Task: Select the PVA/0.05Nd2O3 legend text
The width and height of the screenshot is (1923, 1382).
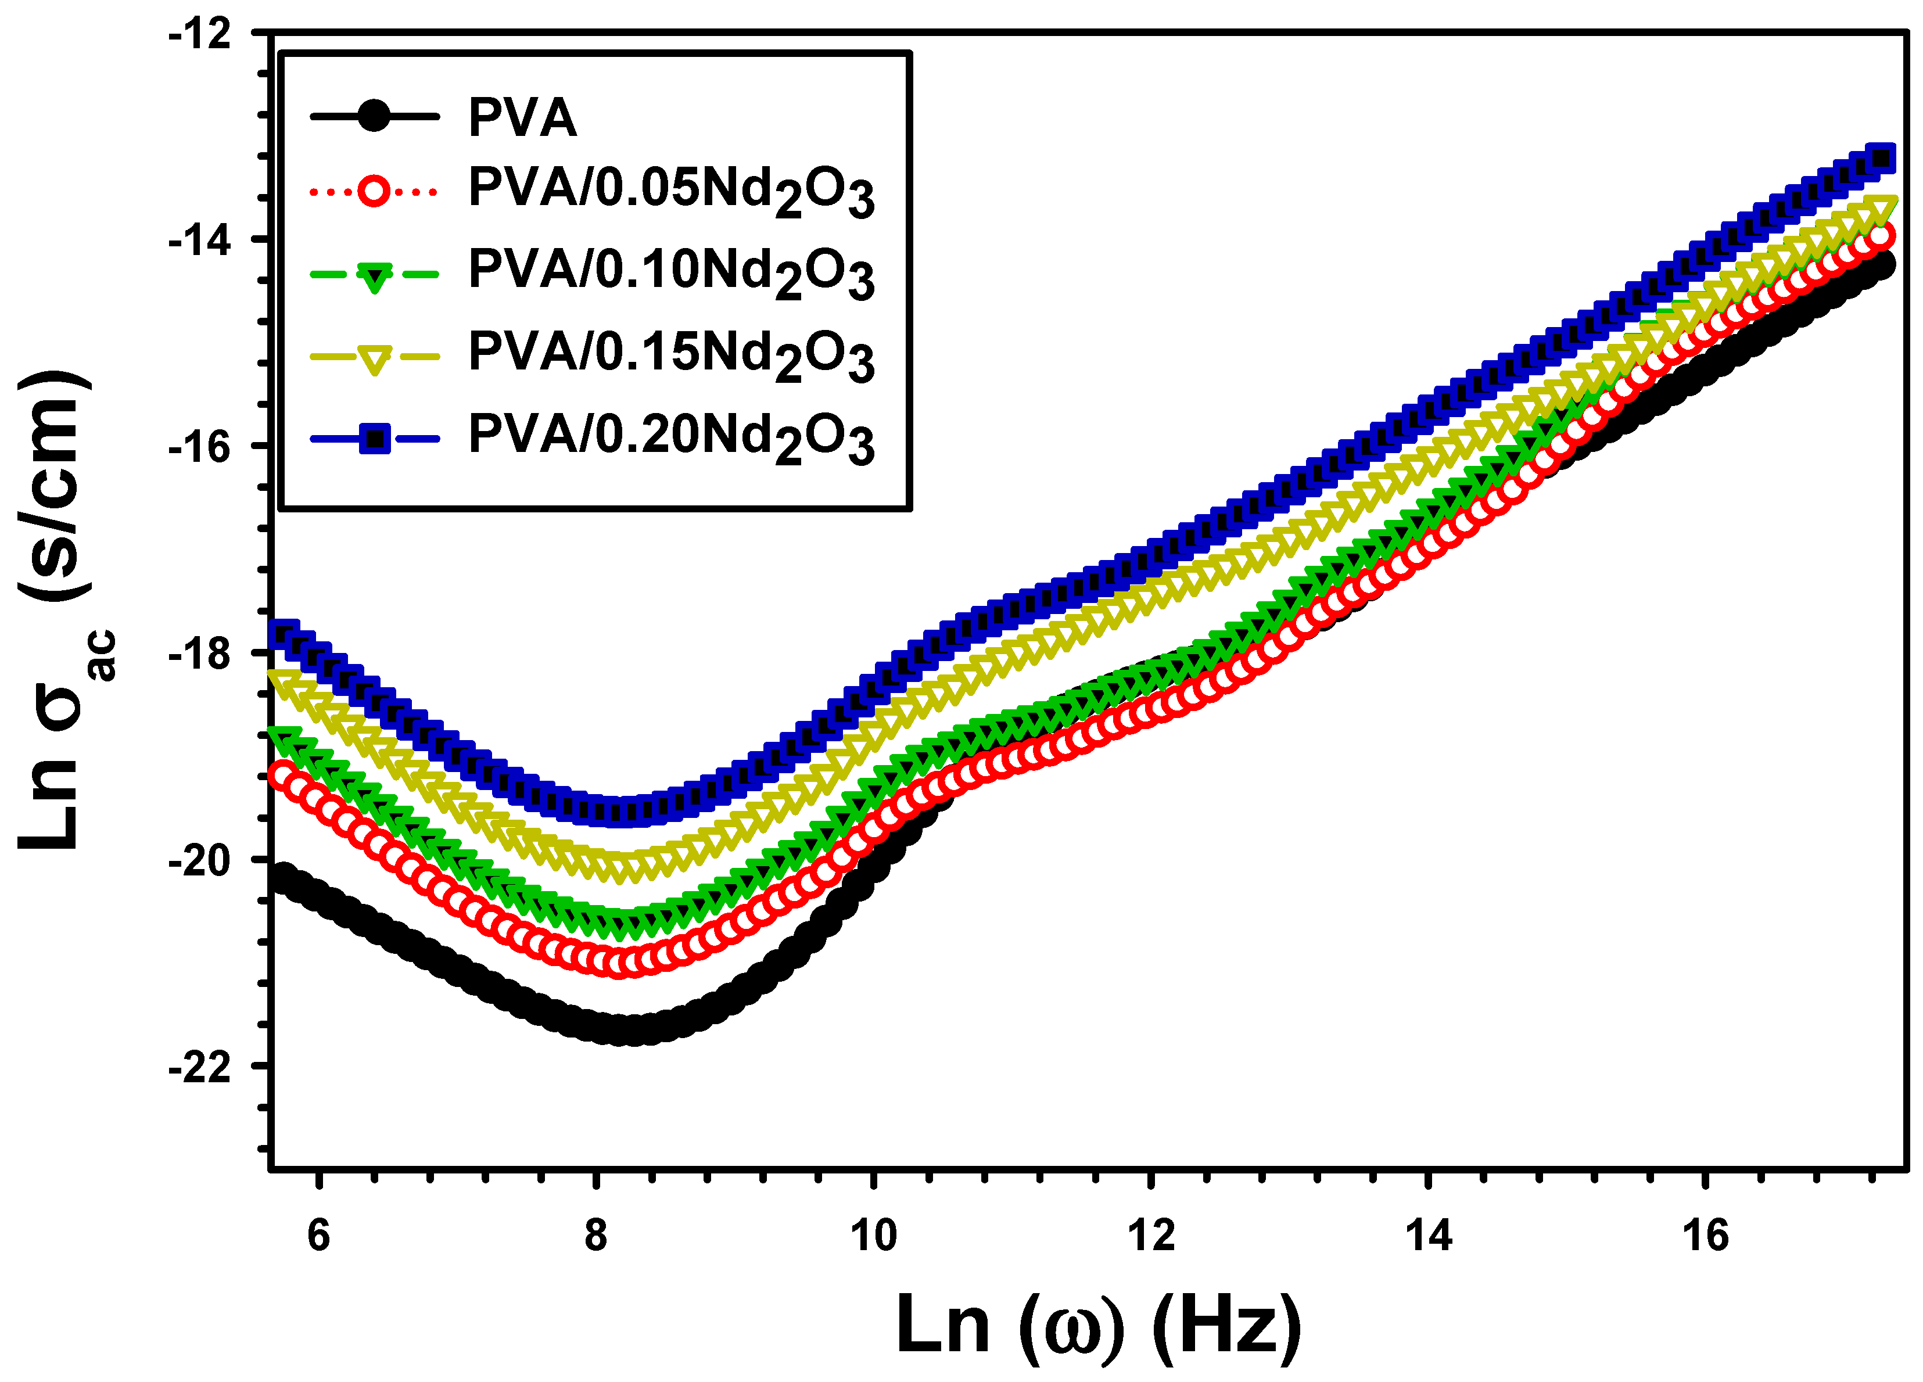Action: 670,190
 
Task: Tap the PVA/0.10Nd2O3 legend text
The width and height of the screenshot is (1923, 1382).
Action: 670,272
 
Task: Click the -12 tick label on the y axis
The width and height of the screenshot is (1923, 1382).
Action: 201,35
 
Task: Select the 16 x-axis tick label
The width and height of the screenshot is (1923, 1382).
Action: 1706,1236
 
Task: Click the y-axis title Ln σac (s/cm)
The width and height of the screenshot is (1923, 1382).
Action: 58,611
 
